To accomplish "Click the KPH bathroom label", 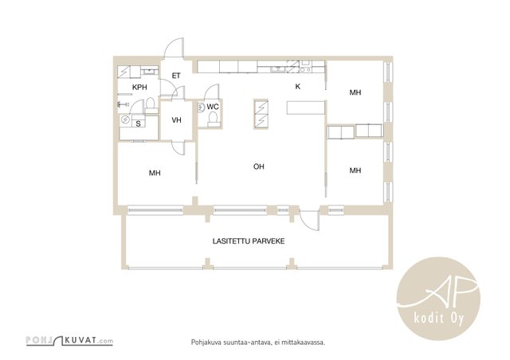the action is point(139,87).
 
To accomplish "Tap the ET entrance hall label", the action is point(176,76).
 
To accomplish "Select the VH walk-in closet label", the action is point(176,120).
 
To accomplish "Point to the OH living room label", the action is point(258,166).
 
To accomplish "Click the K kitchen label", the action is point(297,87).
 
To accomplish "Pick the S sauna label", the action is point(138,123).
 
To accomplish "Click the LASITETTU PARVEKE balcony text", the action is point(249,241).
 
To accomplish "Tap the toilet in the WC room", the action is point(213,119).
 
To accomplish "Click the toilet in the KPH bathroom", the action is point(150,104).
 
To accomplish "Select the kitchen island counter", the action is point(306,108).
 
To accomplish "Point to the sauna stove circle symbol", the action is point(125,119).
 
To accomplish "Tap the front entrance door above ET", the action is point(174,48).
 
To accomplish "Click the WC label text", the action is point(213,107).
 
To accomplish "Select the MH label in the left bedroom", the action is point(155,173).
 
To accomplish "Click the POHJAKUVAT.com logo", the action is point(69,341).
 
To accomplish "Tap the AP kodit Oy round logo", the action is point(438,299).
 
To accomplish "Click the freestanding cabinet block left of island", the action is point(261,114).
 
